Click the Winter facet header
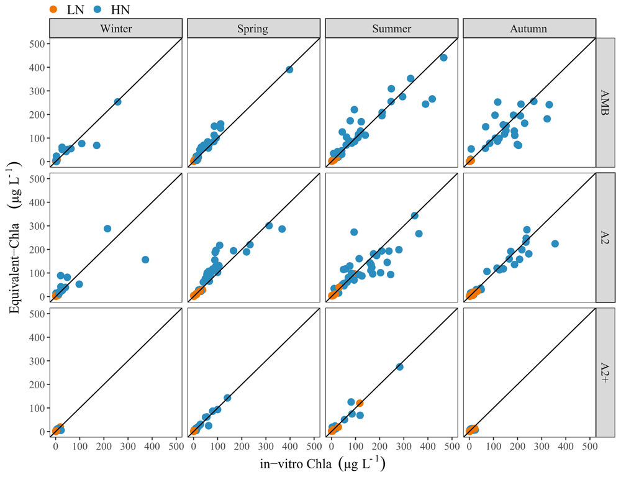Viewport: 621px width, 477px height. [x=116, y=29]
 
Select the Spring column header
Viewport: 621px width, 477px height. [x=253, y=29]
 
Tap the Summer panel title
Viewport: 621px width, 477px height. [x=391, y=29]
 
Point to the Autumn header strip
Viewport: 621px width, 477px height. [x=529, y=29]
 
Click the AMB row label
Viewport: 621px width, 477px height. [x=605, y=102]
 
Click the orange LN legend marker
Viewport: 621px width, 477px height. [x=53, y=9]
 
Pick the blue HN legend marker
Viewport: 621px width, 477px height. [x=97, y=9]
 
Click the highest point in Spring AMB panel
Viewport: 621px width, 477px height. [x=289, y=70]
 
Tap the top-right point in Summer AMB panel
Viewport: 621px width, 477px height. [x=443, y=58]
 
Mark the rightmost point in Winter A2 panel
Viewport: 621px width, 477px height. [x=145, y=260]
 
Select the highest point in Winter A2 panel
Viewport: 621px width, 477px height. [x=107, y=229]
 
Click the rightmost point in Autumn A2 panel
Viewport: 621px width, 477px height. [x=555, y=243]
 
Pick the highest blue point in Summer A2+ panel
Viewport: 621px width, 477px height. [x=399, y=367]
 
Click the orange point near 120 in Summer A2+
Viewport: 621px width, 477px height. [x=360, y=403]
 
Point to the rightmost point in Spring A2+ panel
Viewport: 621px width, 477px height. [x=227, y=397]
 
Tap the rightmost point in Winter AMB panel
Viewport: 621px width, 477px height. [x=117, y=102]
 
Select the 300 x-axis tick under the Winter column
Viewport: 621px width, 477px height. [x=128, y=447]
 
